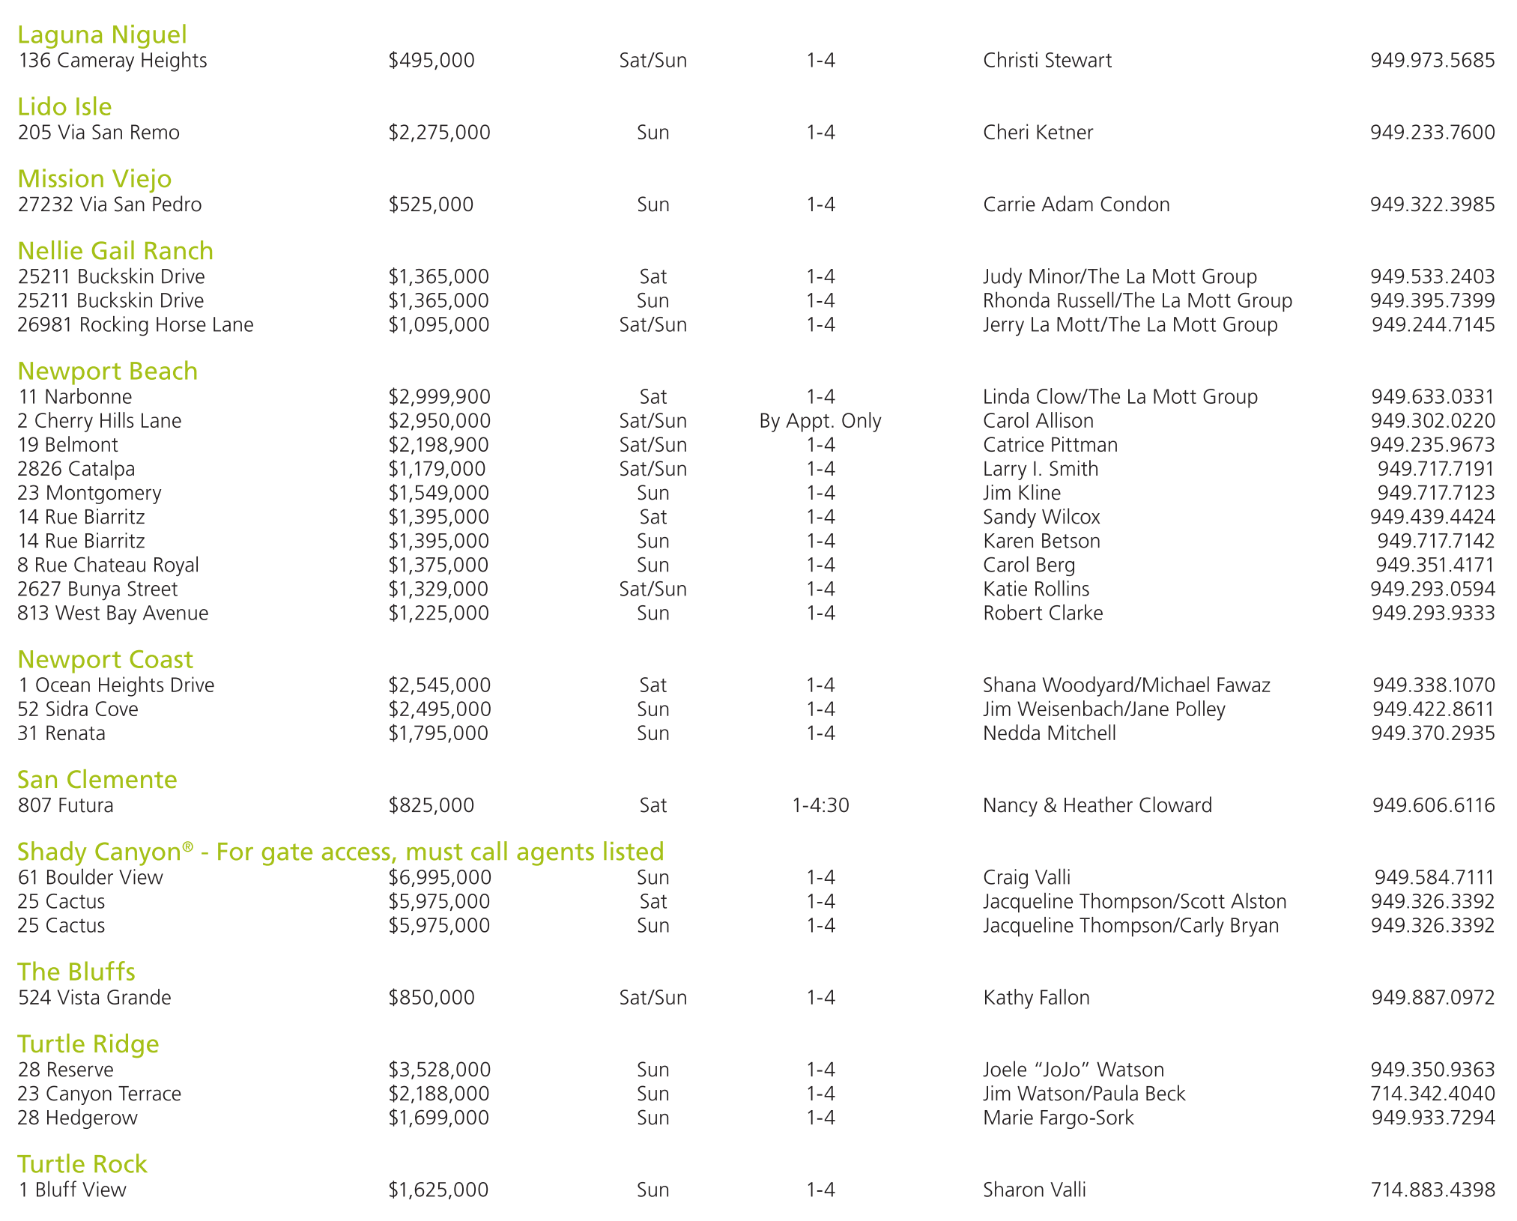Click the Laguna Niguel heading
(x=102, y=34)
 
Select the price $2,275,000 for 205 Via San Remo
(x=439, y=133)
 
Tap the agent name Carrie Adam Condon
(x=1076, y=204)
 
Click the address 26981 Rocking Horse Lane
(x=136, y=325)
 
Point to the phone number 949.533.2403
(x=1432, y=277)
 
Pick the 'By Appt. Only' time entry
(x=820, y=421)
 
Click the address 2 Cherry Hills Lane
(x=100, y=421)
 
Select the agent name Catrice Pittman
(x=1050, y=445)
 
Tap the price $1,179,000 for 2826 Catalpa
(x=437, y=469)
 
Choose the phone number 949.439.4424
(x=1432, y=517)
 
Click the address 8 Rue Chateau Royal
(x=108, y=565)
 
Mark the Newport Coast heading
(x=105, y=659)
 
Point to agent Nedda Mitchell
(x=1049, y=733)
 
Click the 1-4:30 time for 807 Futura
(x=820, y=805)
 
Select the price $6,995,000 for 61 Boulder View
(x=439, y=877)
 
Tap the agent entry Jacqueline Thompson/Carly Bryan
(x=1130, y=926)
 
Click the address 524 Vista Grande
(x=94, y=998)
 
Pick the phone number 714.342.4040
(x=1432, y=1094)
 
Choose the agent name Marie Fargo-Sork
(x=1058, y=1118)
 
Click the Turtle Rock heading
(x=82, y=1164)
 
